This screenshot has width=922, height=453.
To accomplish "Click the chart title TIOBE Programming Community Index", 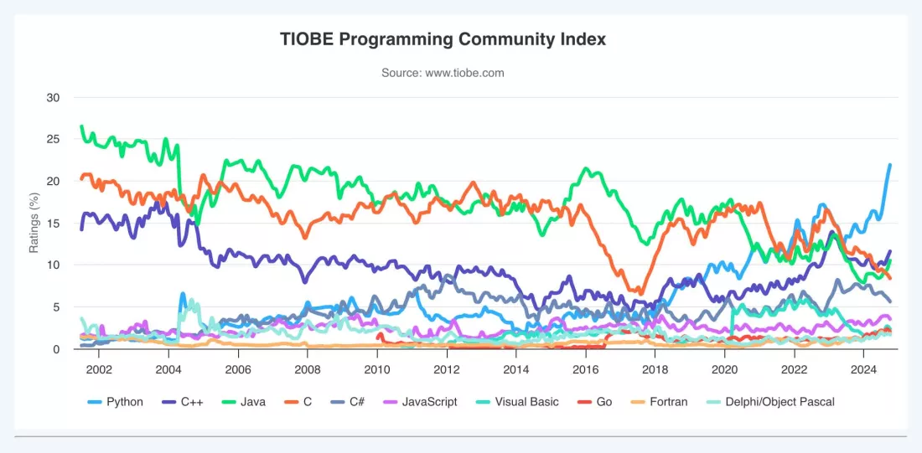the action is pos(443,40).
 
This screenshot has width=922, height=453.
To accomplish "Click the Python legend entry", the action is pos(116,403).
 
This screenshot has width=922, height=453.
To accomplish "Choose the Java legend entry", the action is pos(243,403).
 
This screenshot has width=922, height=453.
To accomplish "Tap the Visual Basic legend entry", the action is pos(516,403).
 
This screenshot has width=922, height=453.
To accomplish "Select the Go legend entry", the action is pos(594,403).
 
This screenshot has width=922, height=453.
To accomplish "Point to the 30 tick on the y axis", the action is pos(54,97).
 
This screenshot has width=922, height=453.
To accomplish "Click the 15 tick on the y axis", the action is pos(54,224).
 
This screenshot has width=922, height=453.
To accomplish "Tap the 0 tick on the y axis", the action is pos(56,349).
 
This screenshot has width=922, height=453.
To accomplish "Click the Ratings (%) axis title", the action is pos(34,224).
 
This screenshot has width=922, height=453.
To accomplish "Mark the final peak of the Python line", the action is pos(890,164).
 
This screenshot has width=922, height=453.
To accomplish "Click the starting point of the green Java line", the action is pos(81,126).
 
